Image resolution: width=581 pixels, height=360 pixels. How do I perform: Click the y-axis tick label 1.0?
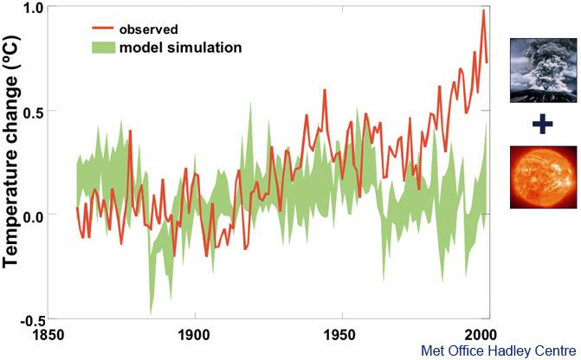pyautogui.click(x=32, y=8)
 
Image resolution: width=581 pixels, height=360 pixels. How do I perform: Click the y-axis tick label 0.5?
pyautogui.click(x=32, y=111)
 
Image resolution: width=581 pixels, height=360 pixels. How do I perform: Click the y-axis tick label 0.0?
pyautogui.click(x=32, y=215)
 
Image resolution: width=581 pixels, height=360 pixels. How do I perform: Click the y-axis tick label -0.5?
pyautogui.click(x=29, y=318)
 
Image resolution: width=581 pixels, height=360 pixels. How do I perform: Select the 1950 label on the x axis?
pyautogui.click(x=340, y=334)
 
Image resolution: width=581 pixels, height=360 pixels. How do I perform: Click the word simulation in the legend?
pyautogui.click(x=209, y=47)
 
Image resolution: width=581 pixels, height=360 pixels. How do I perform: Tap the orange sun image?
pyautogui.click(x=541, y=177)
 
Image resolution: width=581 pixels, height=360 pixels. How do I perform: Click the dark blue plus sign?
pyautogui.click(x=542, y=125)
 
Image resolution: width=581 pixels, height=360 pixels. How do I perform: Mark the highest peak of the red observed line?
pyautogui.click(x=483, y=10)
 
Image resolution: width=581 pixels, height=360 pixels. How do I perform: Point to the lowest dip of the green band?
pyautogui.click(x=151, y=313)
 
